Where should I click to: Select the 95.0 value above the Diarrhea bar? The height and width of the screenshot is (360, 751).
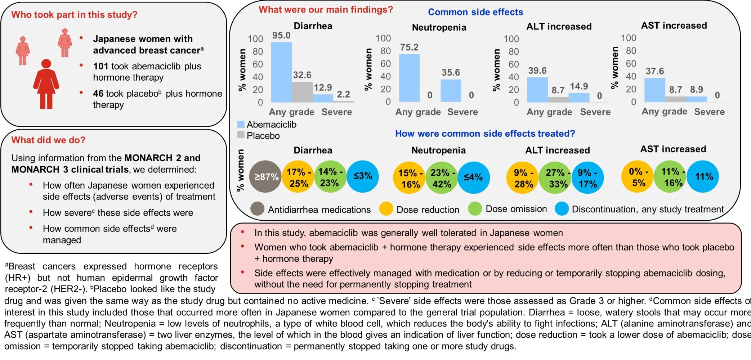[281, 35]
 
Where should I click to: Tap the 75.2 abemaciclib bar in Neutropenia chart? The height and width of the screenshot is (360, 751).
[409, 78]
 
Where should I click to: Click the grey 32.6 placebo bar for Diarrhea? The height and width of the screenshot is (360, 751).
[302, 92]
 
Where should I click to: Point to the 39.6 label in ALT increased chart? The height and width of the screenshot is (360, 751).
[537, 71]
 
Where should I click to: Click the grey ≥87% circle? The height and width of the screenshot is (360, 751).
[265, 176]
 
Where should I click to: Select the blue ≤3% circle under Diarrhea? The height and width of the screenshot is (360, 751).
[363, 176]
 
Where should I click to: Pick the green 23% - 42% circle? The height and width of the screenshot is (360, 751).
[442, 178]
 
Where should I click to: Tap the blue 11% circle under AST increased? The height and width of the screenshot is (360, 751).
[703, 176]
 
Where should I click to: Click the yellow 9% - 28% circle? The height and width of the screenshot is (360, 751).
[523, 178]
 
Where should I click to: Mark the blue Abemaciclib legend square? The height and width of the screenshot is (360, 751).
[241, 124]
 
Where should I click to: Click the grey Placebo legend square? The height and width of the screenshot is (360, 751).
[241, 135]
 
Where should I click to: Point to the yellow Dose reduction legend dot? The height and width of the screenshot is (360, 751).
[386, 209]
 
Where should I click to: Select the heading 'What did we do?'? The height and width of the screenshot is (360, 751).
[48, 140]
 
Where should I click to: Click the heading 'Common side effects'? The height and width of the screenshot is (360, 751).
[475, 12]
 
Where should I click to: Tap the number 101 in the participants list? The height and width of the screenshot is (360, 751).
[100, 66]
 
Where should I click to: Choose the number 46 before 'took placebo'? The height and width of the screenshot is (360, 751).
[98, 94]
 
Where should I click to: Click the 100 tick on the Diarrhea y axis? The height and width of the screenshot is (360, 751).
[255, 39]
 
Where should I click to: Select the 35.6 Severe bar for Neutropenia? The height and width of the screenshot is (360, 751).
[451, 90]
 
